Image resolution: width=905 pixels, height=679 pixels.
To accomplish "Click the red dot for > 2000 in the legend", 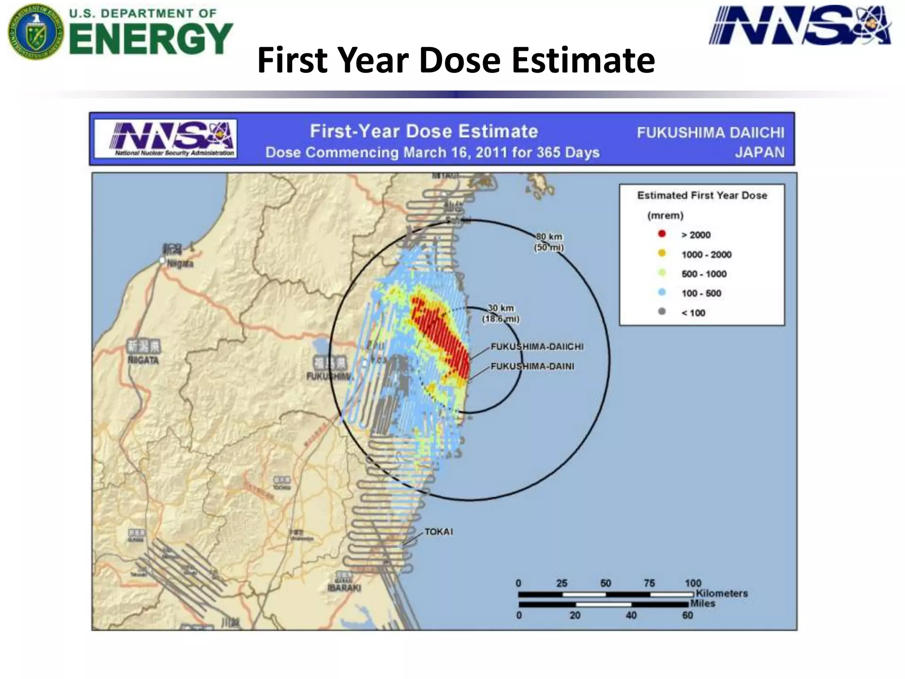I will click(x=662, y=234).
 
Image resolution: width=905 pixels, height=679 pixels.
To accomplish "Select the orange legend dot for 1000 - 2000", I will click(x=662, y=253).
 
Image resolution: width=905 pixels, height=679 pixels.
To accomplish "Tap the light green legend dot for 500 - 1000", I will click(x=662, y=273).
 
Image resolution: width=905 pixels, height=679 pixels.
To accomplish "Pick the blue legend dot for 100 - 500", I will click(x=662, y=292).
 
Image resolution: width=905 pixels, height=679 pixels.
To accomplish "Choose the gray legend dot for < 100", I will click(x=662, y=312).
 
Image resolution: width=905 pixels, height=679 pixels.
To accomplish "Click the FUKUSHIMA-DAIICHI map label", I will click(x=537, y=347).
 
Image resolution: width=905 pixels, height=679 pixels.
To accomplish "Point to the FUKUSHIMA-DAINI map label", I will click(x=532, y=366).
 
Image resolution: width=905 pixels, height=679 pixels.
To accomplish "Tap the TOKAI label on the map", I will click(x=438, y=531).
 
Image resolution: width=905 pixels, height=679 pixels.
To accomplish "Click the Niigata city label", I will click(x=180, y=263).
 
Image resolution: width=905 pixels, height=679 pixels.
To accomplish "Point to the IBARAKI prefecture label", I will click(x=344, y=588).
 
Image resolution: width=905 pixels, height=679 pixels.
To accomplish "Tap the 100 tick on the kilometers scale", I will click(x=693, y=583).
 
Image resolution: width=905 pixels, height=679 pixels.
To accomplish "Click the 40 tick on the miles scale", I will click(x=631, y=615).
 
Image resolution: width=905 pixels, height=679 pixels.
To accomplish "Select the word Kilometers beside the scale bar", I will click(x=722, y=593).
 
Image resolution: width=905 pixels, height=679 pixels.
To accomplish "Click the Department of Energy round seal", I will click(x=35, y=32).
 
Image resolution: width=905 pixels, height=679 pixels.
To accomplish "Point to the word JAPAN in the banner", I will click(x=760, y=152).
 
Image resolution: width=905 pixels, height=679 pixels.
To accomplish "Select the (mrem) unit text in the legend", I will click(x=665, y=215).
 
